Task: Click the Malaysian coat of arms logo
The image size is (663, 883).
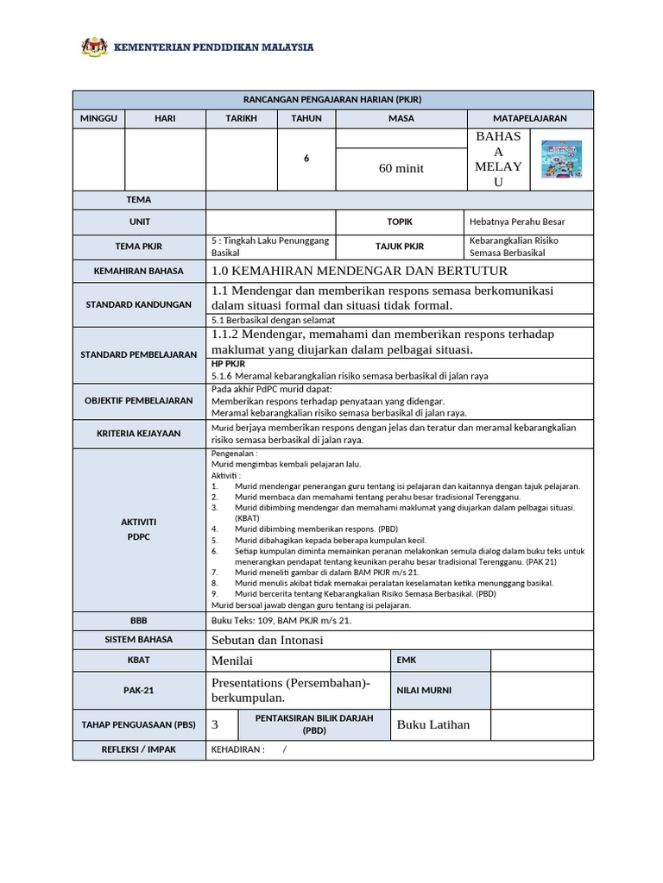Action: [x=93, y=47]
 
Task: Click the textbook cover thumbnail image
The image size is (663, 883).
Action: [x=560, y=160]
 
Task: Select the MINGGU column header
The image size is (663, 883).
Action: [x=98, y=118]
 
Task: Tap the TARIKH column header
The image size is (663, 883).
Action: [x=241, y=118]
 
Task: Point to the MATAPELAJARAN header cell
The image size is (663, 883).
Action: [x=530, y=118]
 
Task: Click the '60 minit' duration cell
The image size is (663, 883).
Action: [x=401, y=168]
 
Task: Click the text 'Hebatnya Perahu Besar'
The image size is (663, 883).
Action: [x=517, y=222]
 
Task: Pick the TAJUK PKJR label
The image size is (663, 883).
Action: [x=399, y=246]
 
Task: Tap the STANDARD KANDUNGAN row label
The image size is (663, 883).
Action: [x=138, y=304]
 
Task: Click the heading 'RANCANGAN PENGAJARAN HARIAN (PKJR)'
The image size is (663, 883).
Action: [x=332, y=99]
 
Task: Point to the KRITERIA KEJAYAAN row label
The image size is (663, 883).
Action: [x=138, y=433]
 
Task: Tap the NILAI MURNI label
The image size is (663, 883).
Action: [x=423, y=690]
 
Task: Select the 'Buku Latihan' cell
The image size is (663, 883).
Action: [x=433, y=724]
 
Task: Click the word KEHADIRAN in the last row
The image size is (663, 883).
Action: [x=237, y=749]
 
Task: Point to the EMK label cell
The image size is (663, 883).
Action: [x=406, y=661]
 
